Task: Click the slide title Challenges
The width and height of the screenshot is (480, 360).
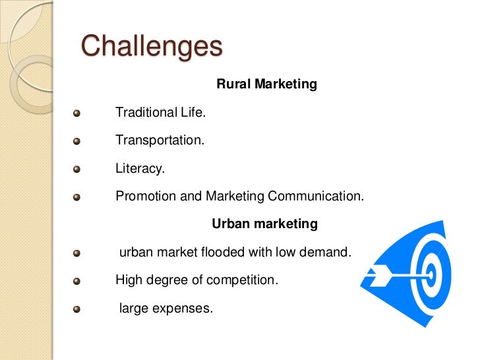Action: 152,47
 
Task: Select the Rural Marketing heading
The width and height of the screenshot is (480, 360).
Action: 267,84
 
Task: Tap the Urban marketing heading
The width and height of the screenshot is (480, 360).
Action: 264,224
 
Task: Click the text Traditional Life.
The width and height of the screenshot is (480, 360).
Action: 160,113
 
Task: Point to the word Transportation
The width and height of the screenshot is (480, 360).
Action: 160,140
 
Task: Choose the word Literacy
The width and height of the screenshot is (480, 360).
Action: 140,169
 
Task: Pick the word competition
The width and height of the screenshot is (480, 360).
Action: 242,280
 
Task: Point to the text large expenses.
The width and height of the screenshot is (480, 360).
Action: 165,307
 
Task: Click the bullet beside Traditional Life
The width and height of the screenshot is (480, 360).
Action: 76,113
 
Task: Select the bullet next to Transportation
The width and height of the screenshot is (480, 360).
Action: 76,141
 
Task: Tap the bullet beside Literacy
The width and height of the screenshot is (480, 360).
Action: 76,169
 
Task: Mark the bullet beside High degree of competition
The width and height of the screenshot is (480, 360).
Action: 76,280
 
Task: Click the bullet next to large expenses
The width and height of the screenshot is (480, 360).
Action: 76,309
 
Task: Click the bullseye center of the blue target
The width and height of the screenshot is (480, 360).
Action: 430,272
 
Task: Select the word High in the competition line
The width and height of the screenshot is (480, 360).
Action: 128,280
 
